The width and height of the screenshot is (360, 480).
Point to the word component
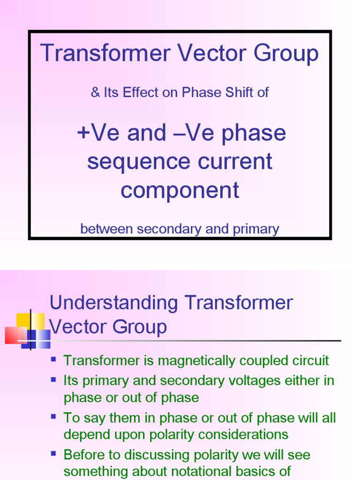pyautogui.click(x=180, y=190)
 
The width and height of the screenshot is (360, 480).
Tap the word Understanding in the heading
pyautogui.click(x=114, y=303)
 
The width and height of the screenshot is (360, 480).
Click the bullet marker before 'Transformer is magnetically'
pyautogui.click(x=53, y=360)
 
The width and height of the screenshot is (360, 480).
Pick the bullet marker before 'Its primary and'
pyautogui.click(x=53, y=379)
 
